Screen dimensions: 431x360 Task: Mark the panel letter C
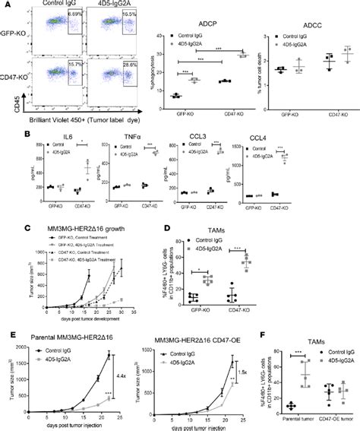tap(6, 227)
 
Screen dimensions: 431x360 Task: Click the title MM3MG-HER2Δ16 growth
tap(68, 228)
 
